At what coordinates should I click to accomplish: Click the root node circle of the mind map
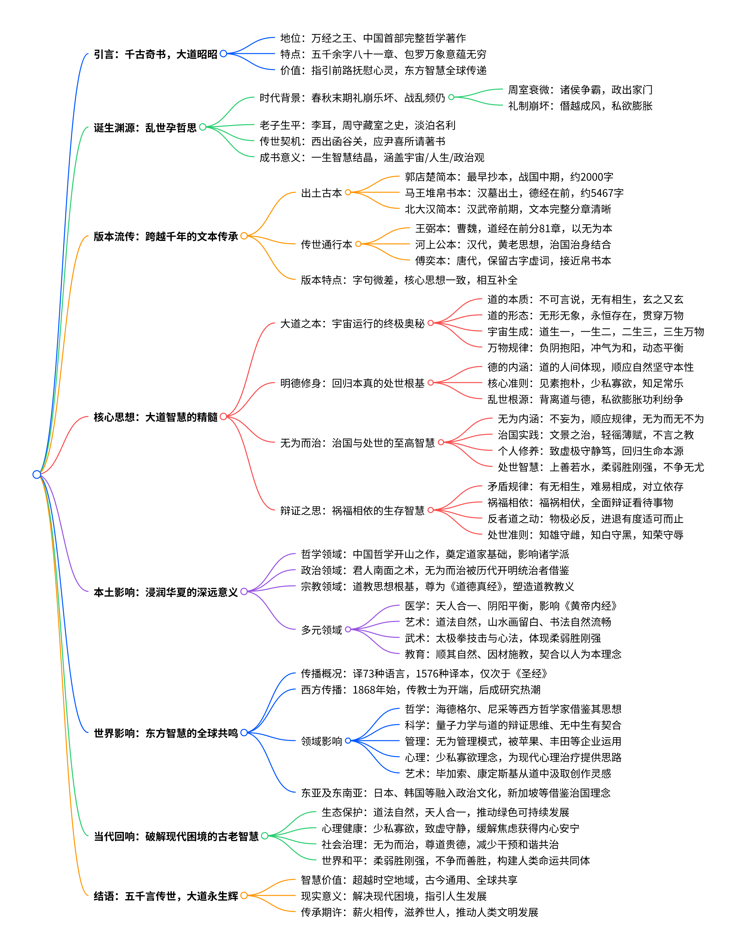pyautogui.click(x=36, y=474)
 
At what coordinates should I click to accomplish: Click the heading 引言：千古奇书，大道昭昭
pyautogui.click(x=155, y=54)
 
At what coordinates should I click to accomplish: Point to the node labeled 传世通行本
pyautogui.click(x=326, y=245)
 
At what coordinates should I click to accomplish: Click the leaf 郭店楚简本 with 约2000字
pyautogui.click(x=509, y=177)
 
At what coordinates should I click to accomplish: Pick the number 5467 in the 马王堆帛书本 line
pyautogui.click(x=602, y=193)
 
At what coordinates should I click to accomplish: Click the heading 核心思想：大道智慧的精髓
pyautogui.click(x=155, y=417)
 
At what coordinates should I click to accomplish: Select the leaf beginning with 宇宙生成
pyautogui.click(x=595, y=332)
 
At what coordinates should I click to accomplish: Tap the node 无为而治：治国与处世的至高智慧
pyautogui.click(x=357, y=443)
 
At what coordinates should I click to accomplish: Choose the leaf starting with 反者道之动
pyautogui.click(x=585, y=519)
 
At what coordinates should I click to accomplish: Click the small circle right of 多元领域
pyautogui.click(x=348, y=629)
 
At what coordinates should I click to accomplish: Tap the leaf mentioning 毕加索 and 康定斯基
pyautogui.click(x=508, y=774)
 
